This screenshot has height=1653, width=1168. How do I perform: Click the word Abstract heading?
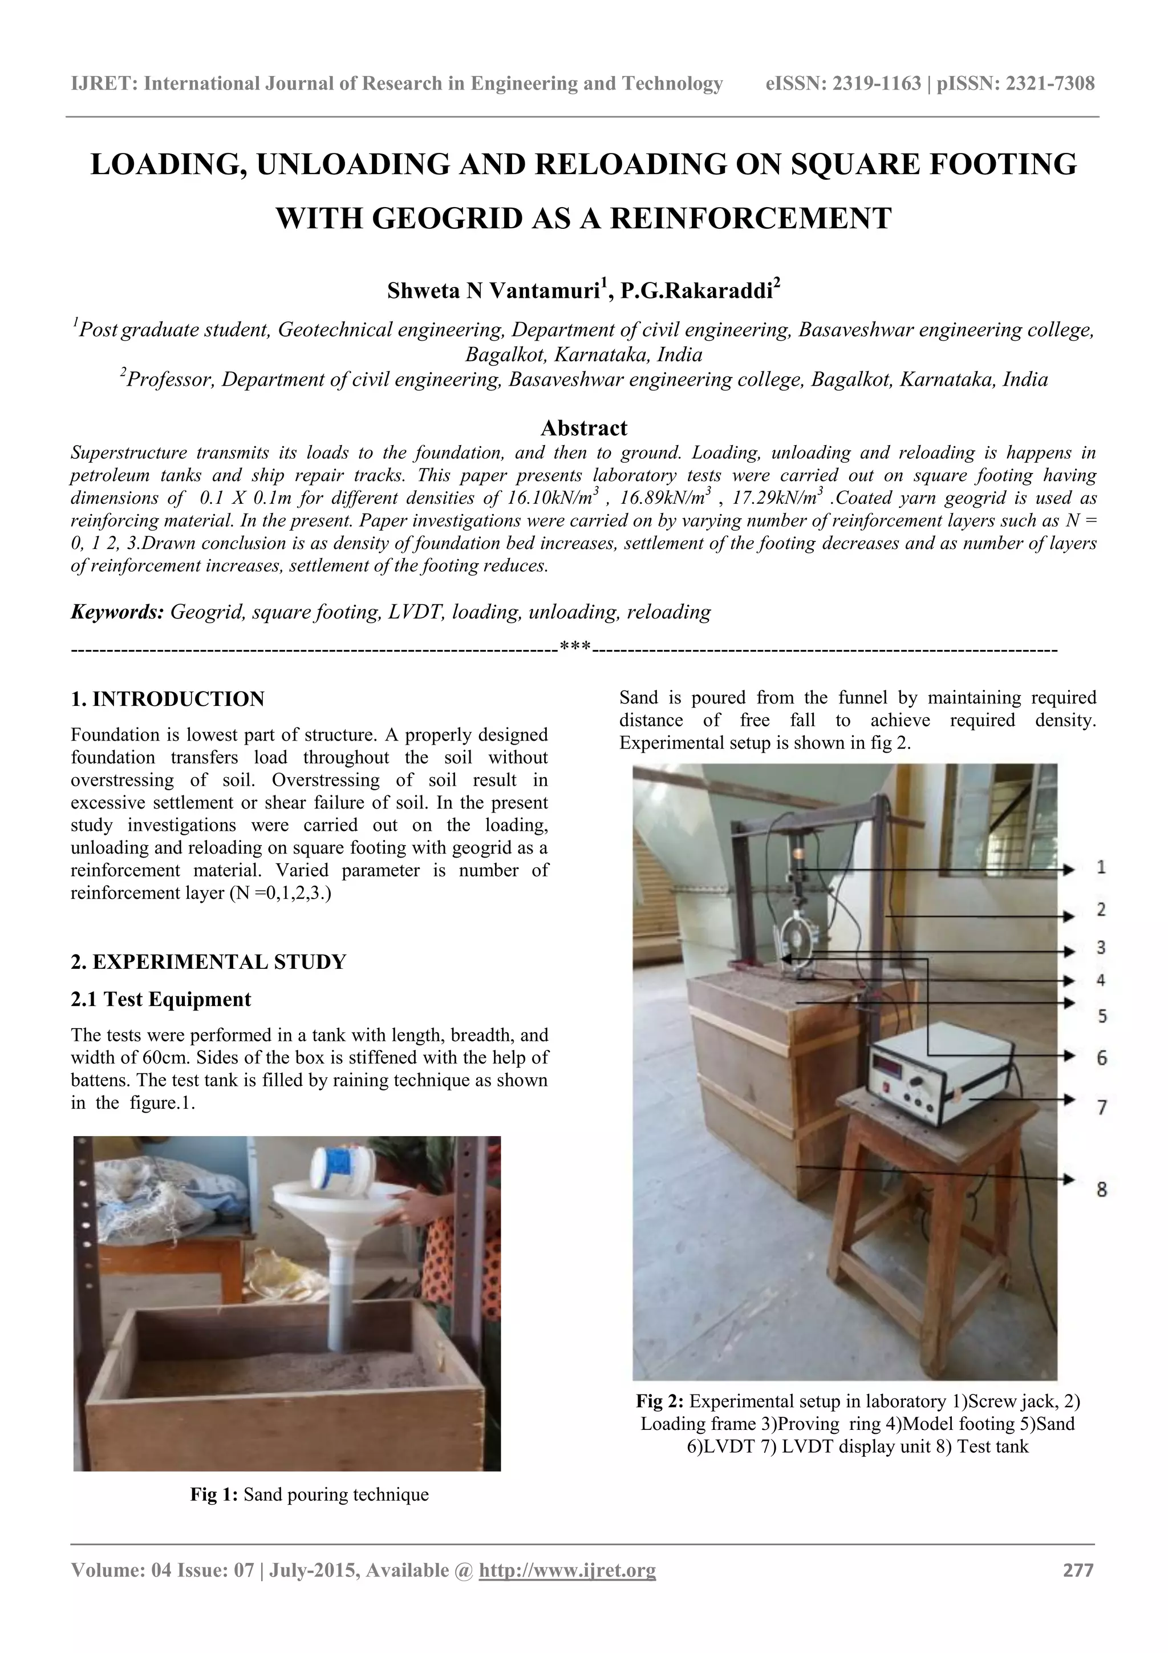(x=583, y=429)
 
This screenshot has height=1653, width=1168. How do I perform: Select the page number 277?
(x=1078, y=1570)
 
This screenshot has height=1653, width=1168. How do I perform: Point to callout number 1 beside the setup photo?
(x=1101, y=867)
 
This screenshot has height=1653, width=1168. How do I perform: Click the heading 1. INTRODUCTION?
(x=168, y=699)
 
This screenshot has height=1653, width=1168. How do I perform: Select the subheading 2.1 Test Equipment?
(x=161, y=999)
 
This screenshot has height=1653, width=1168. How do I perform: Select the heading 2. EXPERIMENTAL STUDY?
(x=209, y=962)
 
